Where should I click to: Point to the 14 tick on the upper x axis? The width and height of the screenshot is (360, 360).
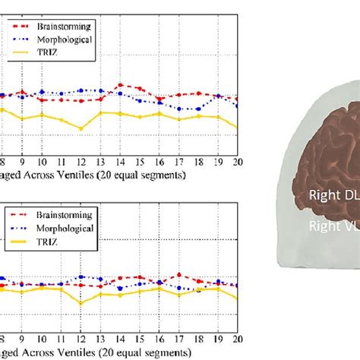point(120,161)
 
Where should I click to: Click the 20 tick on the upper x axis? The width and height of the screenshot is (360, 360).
point(237,161)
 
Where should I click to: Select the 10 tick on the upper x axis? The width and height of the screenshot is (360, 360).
point(42,161)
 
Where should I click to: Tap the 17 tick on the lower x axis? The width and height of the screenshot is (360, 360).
point(178,337)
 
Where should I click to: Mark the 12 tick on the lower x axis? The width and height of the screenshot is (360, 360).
point(81,337)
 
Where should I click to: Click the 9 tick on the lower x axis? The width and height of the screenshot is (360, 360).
point(22,337)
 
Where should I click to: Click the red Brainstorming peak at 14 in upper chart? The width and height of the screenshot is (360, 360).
point(120,85)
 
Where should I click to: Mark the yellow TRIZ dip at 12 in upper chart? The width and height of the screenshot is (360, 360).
point(81,128)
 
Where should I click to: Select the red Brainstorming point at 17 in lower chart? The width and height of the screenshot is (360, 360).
point(178,274)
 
